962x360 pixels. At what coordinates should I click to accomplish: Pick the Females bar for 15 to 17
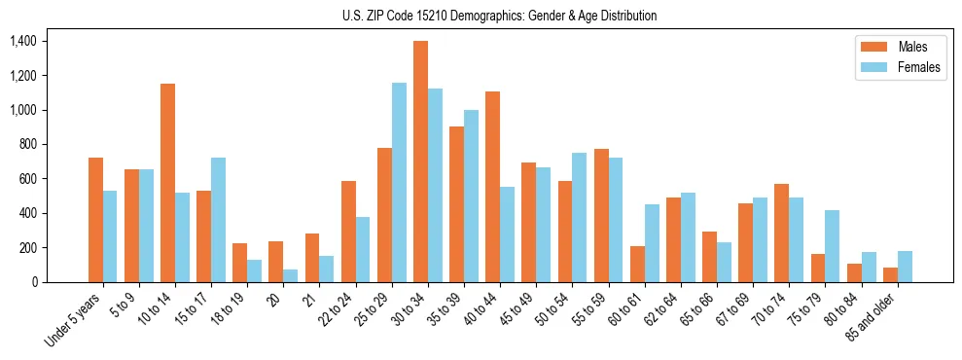[x=219, y=220]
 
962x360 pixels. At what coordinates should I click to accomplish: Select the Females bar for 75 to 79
[x=833, y=246]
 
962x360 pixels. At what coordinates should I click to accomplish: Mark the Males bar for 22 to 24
[x=348, y=232]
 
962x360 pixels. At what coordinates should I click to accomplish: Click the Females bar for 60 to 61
[x=652, y=243]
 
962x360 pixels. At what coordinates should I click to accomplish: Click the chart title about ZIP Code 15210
[x=499, y=16]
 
